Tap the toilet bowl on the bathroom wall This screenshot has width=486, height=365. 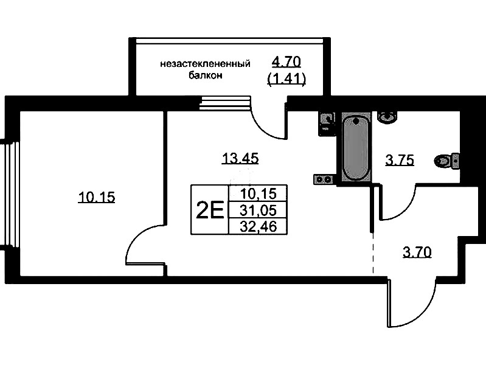click(x=446, y=161)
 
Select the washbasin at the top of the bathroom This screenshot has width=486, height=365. click(x=387, y=117)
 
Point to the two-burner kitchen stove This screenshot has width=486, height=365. click(x=324, y=179)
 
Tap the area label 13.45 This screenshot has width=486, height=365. click(x=240, y=158)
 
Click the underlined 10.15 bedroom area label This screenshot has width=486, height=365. click(x=97, y=197)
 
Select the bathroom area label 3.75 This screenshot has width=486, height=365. click(x=400, y=161)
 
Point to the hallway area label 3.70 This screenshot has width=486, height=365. click(x=417, y=252)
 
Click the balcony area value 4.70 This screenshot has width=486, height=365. click(x=286, y=62)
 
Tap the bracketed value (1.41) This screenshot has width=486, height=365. click(x=286, y=80)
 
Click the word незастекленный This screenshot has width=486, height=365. click(x=205, y=64)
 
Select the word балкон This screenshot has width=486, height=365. click(x=206, y=75)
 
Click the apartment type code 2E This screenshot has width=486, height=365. click(x=210, y=209)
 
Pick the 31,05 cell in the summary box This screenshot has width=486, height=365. click(x=258, y=210)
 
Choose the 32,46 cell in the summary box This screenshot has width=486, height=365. click(x=258, y=226)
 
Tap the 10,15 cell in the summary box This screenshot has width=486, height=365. click(x=258, y=194)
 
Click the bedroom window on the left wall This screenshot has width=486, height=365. click(x=10, y=194)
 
